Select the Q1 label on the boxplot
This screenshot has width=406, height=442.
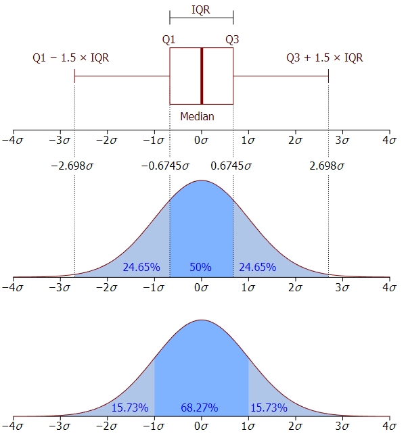(x=169, y=39)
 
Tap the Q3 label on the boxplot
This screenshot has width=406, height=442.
(x=232, y=39)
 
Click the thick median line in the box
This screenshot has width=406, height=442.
(x=201, y=76)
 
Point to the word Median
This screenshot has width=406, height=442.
(x=197, y=116)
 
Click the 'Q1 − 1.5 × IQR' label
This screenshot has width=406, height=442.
(x=71, y=57)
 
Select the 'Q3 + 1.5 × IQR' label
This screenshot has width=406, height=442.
(x=324, y=57)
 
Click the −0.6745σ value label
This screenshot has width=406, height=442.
(x=166, y=165)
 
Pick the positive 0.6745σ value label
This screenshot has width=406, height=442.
(x=233, y=165)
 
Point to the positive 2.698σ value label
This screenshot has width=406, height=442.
(x=327, y=165)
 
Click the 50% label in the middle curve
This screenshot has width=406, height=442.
(x=201, y=267)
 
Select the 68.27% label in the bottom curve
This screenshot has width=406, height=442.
(x=200, y=408)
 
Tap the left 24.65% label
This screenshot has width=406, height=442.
(x=141, y=267)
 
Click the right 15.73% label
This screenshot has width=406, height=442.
(x=269, y=408)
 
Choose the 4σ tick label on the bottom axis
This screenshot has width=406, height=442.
(x=389, y=427)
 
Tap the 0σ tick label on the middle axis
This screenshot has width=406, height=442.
(x=201, y=287)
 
